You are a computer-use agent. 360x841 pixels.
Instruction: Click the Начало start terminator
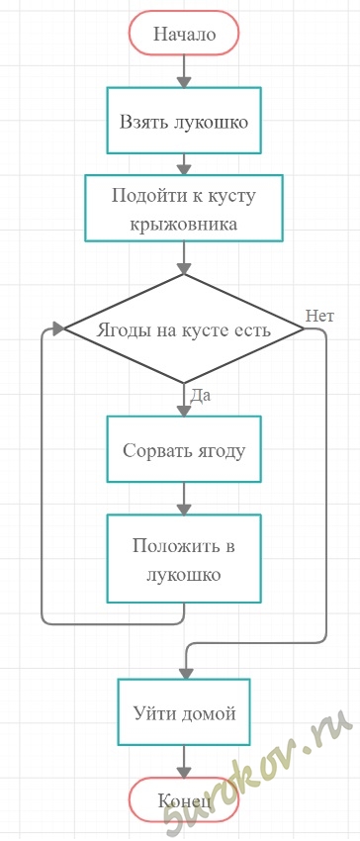pyautogui.click(x=184, y=34)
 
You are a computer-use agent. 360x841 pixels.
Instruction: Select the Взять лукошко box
pyautogui.click(x=184, y=121)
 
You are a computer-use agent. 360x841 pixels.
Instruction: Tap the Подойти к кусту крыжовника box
pyautogui.click(x=184, y=208)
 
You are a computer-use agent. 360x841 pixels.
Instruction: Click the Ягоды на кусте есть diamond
pyautogui.click(x=184, y=328)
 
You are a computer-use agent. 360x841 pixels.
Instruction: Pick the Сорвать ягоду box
pyautogui.click(x=184, y=449)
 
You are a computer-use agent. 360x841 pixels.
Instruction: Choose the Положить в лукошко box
pyautogui.click(x=184, y=558)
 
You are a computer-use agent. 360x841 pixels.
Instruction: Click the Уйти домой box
pyautogui.click(x=184, y=711)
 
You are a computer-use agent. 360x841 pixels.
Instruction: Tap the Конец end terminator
pyautogui.click(x=184, y=799)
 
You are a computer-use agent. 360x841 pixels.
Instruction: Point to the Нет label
pyautogui.click(x=319, y=316)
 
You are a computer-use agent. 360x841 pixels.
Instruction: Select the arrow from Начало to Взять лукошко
pyautogui.click(x=184, y=71)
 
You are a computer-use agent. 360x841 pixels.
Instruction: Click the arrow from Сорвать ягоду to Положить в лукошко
pyautogui.click(x=184, y=499)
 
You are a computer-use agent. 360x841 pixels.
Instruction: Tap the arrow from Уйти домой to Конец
pyautogui.click(x=184, y=762)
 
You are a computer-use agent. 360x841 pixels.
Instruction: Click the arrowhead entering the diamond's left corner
pyautogui.click(x=58, y=328)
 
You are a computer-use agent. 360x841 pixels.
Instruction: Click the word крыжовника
pyautogui.click(x=184, y=224)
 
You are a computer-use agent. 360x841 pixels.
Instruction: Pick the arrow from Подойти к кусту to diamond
pyautogui.click(x=184, y=258)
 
